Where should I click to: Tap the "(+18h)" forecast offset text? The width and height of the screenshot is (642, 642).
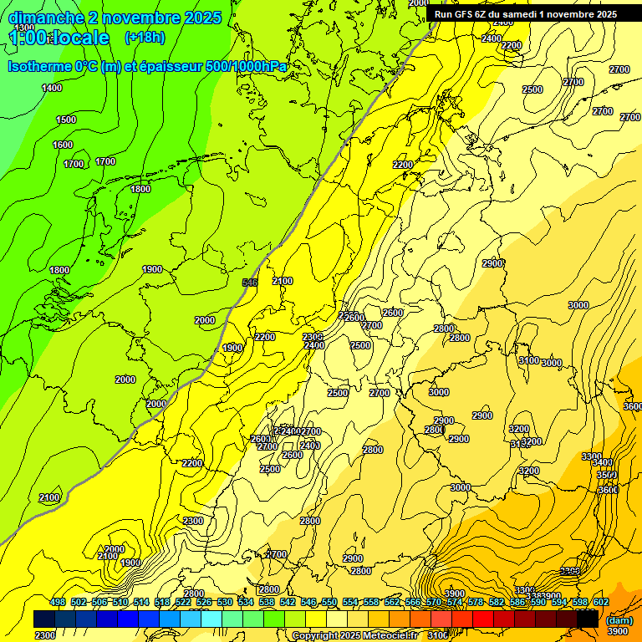point(144,38)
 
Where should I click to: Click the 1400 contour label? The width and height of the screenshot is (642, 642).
point(52,88)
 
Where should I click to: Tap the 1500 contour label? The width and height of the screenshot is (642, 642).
point(66,120)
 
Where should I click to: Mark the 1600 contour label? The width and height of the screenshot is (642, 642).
point(63,145)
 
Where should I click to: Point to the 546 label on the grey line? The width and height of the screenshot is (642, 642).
point(249,283)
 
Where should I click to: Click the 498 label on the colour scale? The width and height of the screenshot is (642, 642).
point(58,603)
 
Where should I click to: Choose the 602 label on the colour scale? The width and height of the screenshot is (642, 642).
point(601,603)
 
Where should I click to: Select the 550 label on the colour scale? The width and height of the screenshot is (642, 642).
point(329,603)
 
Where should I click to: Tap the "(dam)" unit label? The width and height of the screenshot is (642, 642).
point(619,620)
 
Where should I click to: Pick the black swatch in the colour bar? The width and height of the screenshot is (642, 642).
point(587,619)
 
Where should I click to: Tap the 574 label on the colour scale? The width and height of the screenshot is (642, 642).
point(455,603)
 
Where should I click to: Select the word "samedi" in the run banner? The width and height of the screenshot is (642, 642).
point(533,14)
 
